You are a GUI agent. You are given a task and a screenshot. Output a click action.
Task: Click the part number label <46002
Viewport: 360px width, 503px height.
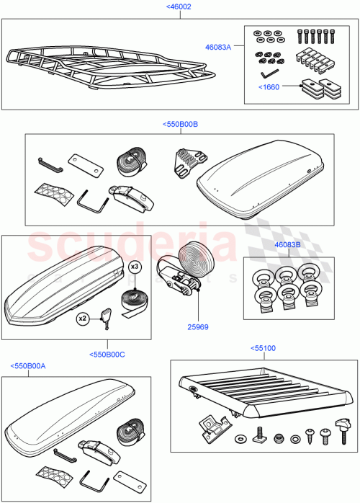coord(179,6)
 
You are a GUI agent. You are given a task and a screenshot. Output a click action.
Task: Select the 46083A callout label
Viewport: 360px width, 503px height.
coord(218,47)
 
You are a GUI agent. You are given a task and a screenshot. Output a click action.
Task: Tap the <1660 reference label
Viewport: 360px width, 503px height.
coord(269,87)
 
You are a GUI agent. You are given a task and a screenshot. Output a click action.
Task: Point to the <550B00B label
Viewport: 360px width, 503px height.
coord(181,124)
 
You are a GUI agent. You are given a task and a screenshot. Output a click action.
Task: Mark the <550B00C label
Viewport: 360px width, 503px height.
coord(107,354)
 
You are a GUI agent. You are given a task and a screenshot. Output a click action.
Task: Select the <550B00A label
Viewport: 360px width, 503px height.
coord(28,366)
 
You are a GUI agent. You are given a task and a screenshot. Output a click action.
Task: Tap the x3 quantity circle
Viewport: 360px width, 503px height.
coord(134,266)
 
